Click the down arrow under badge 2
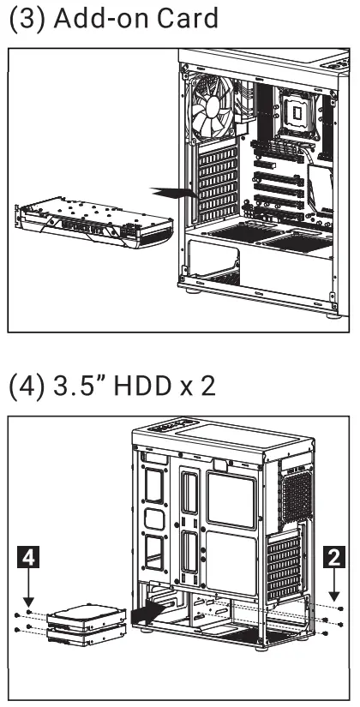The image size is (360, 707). pos(333,587)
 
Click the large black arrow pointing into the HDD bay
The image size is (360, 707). pos(146,614)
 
